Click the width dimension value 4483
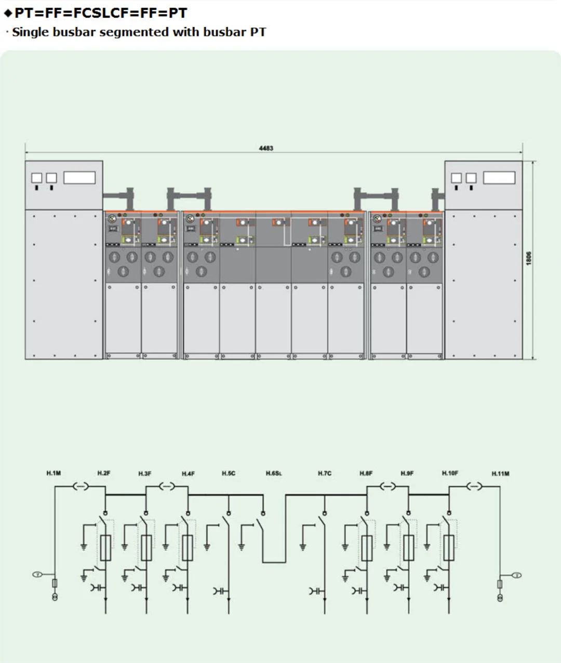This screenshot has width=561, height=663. pos(266,148)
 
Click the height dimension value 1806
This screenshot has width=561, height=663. pos(529,258)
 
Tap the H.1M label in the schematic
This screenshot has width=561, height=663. pos(54,473)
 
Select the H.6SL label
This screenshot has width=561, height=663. pos(274,473)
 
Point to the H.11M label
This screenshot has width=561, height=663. pos(500,473)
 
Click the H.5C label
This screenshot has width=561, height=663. pos(229,473)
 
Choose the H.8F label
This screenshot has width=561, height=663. pos(366,473)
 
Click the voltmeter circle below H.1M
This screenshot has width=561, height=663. pos(37,574)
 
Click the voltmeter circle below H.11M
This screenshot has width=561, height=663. pos(516,575)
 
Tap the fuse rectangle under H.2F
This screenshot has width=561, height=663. pos(105,547)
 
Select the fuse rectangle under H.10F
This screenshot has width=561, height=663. pos(448,547)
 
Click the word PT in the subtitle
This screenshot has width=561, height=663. pos(258,32)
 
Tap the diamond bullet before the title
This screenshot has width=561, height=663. pos(8,13)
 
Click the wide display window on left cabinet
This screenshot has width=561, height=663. pos(79,178)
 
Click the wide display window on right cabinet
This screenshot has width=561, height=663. pos(499,178)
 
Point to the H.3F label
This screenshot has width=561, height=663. pos(145,473)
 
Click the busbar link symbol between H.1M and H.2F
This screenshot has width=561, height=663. pos(80,486)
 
